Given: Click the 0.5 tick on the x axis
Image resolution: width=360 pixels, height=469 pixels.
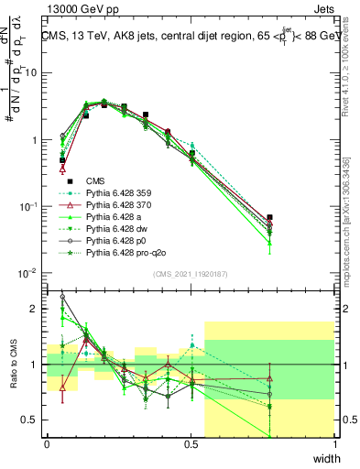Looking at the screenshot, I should coord(191,444).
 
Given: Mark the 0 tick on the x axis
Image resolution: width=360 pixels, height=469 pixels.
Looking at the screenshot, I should coord(47,444).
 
